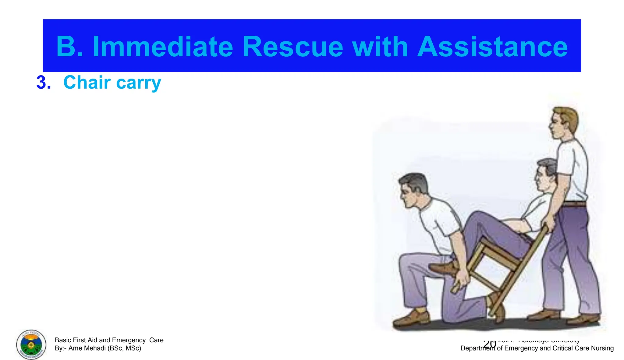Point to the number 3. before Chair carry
[44, 83]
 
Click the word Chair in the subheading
[87, 83]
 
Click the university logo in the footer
[31, 344]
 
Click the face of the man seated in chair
[541, 178]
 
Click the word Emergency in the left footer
[129, 340]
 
